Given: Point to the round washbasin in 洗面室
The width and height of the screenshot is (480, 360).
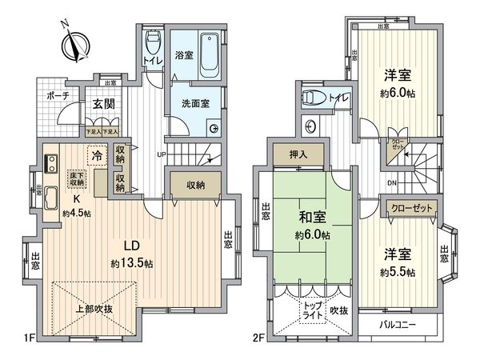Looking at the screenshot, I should click(x=214, y=128).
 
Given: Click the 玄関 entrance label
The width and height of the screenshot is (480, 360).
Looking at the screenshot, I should click(x=103, y=104).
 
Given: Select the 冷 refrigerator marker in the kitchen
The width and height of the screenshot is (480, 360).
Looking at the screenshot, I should click(x=98, y=156).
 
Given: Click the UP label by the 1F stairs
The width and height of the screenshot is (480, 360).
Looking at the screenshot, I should click(x=162, y=154).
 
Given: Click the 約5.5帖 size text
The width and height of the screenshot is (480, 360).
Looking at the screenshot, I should click(x=398, y=272).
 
